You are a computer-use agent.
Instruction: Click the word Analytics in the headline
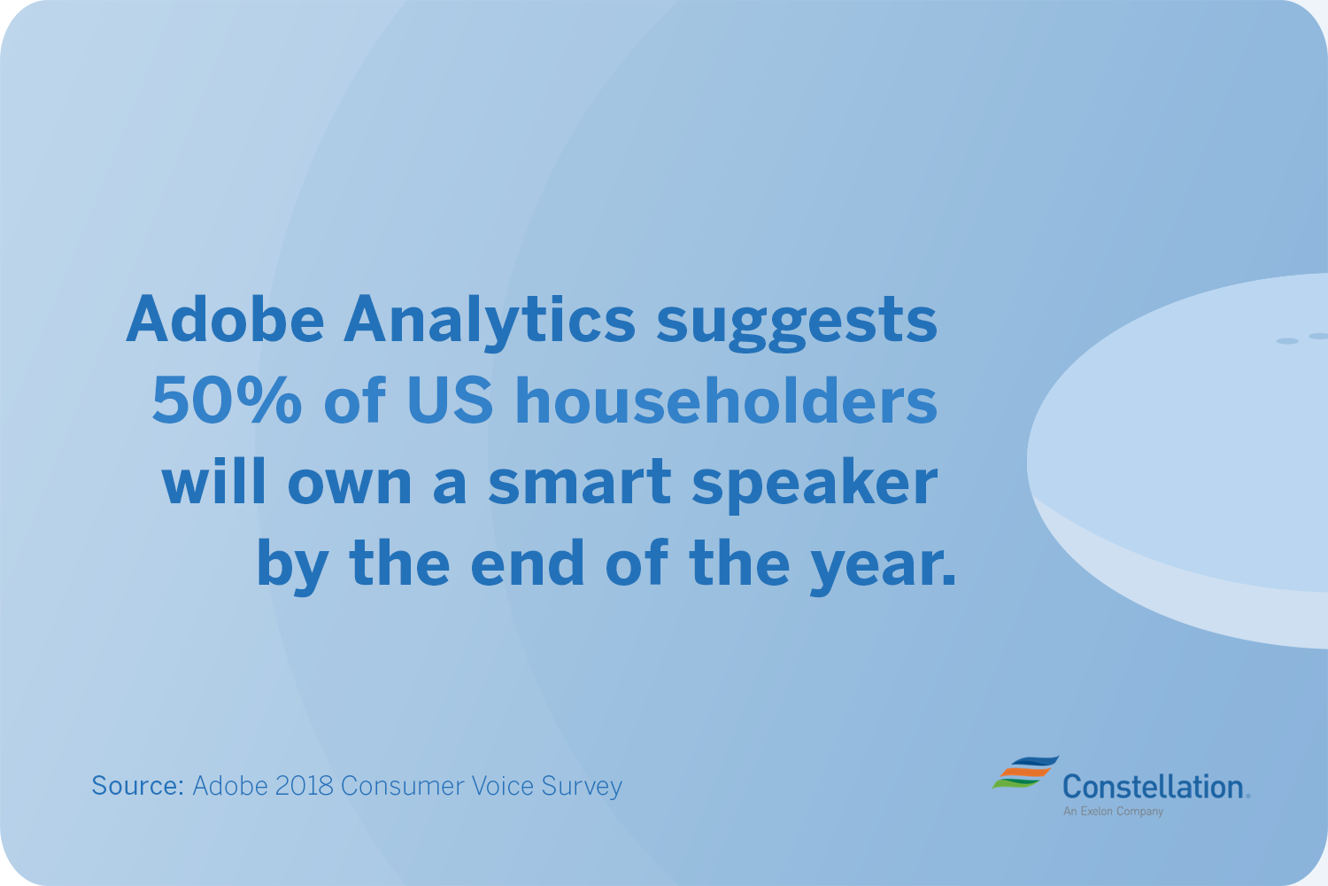tap(489, 321)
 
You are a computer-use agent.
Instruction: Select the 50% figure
tap(227, 400)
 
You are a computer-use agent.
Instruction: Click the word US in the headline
tap(450, 400)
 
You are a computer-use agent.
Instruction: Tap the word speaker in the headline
tap(815, 485)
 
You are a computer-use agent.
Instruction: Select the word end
tap(528, 562)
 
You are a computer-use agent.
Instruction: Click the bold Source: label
tap(137, 786)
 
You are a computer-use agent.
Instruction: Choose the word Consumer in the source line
tap(403, 786)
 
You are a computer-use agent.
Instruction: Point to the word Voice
tap(503, 786)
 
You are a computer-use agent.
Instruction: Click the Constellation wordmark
tap(1156, 788)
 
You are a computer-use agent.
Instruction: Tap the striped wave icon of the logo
tap(1025, 772)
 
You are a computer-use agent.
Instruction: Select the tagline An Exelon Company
tap(1113, 812)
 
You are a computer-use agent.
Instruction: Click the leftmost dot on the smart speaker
tap(1287, 340)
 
